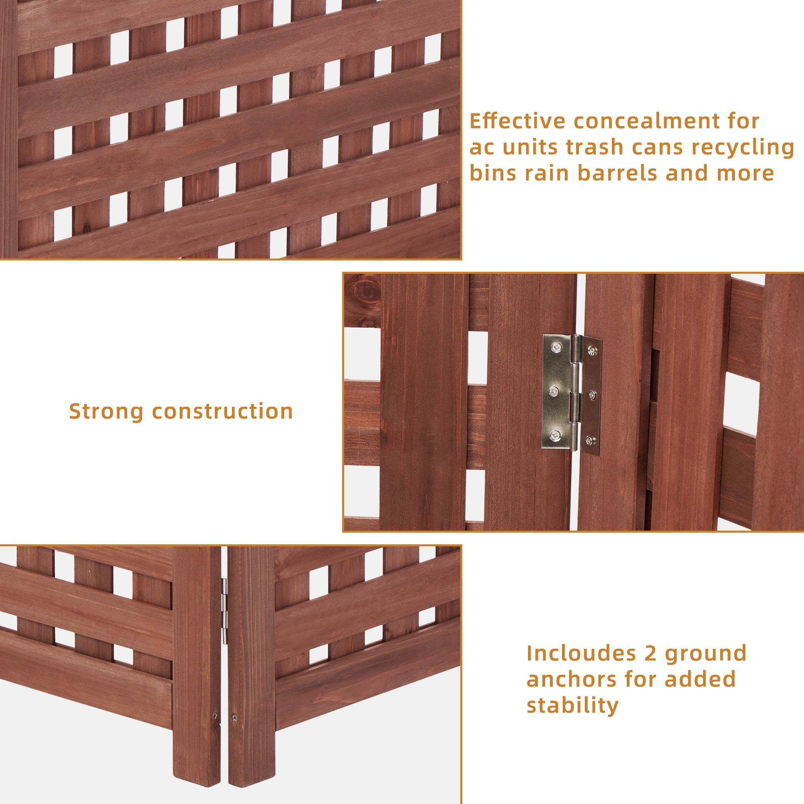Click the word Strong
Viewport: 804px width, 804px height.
(106, 411)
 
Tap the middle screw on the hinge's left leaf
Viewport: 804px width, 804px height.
(554, 391)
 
